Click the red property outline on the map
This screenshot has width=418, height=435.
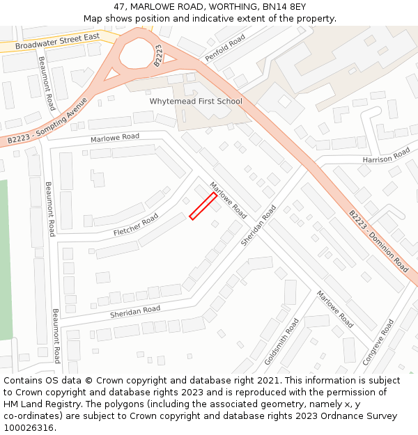pyautogui.click(x=203, y=207)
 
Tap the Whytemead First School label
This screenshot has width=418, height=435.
pyautogui.click(x=196, y=102)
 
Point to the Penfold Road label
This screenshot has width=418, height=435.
pyautogui.click(x=225, y=48)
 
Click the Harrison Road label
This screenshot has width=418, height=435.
pyautogui.click(x=386, y=157)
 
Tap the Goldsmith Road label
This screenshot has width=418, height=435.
pyautogui.click(x=282, y=342)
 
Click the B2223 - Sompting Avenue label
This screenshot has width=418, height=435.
pyautogui.click(x=47, y=122)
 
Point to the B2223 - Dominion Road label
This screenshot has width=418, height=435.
pyautogui.click(x=378, y=241)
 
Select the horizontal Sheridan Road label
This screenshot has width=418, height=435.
pyautogui.click(x=135, y=312)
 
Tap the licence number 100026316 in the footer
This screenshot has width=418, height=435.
pyautogui.click(x=29, y=427)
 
